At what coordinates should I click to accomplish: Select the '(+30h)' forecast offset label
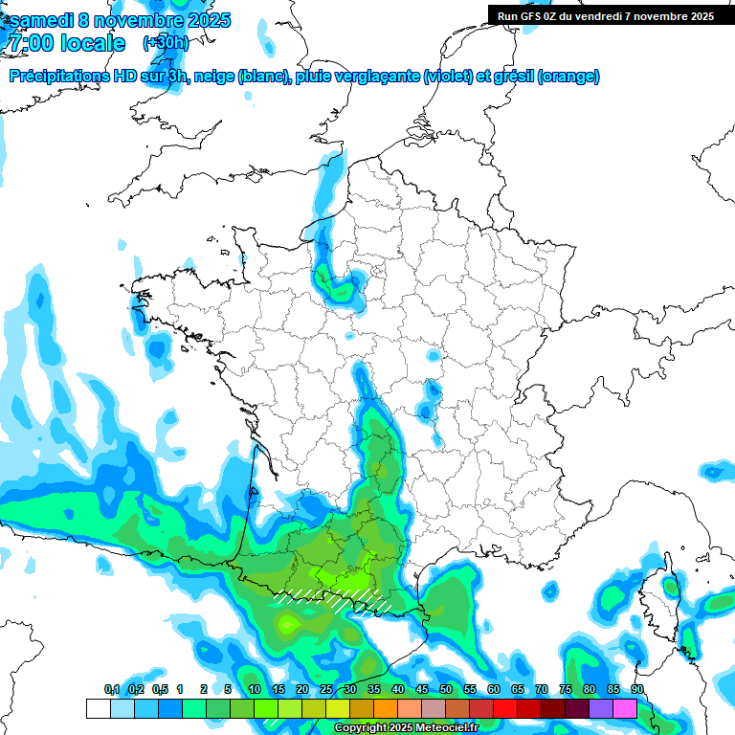pyautogui.click(x=166, y=42)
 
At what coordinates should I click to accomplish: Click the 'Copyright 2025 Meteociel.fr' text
pyautogui.click(x=406, y=728)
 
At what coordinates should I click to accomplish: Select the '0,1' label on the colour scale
pyautogui.click(x=112, y=690)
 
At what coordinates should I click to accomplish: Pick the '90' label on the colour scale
pyautogui.click(x=636, y=690)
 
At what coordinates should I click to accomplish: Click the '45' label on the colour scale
pyautogui.click(x=421, y=690)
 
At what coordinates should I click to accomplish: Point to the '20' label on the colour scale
pyautogui.click(x=301, y=690)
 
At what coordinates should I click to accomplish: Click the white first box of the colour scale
pyautogui.click(x=98, y=708)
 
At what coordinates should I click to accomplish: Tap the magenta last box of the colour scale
pyautogui.click(x=624, y=708)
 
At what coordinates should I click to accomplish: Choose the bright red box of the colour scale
pyautogui.click(x=504, y=708)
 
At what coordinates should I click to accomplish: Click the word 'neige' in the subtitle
pyautogui.click(x=214, y=77)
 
